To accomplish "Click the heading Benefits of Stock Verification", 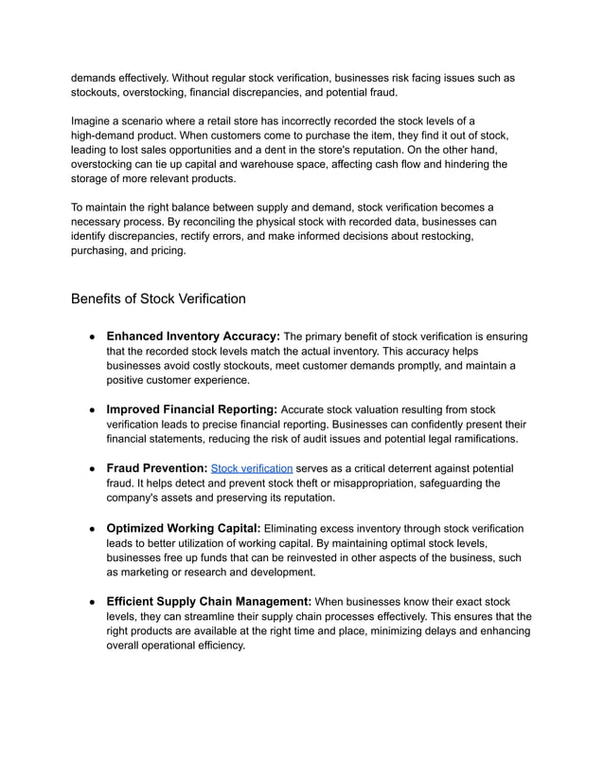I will (158, 299).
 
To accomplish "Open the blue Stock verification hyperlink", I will (251, 468).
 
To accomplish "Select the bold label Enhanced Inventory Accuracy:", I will (193, 336).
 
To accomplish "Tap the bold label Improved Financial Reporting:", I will (192, 409).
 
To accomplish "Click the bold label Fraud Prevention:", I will (156, 468).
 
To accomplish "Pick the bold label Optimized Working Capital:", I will (183, 528).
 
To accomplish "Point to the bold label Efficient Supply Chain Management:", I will (209, 601).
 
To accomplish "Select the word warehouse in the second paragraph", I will (306, 165).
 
